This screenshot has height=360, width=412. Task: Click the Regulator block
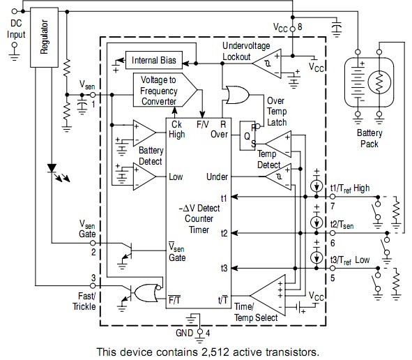(x=44, y=38)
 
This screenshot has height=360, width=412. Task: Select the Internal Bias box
(x=154, y=60)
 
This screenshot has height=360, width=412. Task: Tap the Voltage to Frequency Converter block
(x=165, y=90)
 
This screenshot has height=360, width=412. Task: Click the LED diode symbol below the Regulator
(x=52, y=168)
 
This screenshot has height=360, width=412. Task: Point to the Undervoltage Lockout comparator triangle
(x=267, y=63)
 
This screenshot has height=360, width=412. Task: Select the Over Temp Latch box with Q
(x=247, y=135)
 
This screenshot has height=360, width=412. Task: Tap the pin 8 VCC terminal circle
(x=293, y=29)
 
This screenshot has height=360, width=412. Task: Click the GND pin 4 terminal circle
(x=200, y=331)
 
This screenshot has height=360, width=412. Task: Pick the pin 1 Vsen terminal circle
(x=93, y=95)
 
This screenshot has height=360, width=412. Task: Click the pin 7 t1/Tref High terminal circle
(x=333, y=197)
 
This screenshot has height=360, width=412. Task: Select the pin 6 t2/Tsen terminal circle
(x=333, y=233)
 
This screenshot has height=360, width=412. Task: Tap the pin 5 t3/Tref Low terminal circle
(x=333, y=268)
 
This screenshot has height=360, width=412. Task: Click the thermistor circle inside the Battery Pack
(x=379, y=82)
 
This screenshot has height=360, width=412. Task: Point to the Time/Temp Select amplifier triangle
(x=268, y=295)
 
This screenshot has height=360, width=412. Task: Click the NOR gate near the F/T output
(x=146, y=293)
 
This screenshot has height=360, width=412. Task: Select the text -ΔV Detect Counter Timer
(x=199, y=219)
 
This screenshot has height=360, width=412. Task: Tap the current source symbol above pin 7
(x=316, y=186)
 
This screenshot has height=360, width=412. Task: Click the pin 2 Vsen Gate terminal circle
(x=93, y=243)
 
